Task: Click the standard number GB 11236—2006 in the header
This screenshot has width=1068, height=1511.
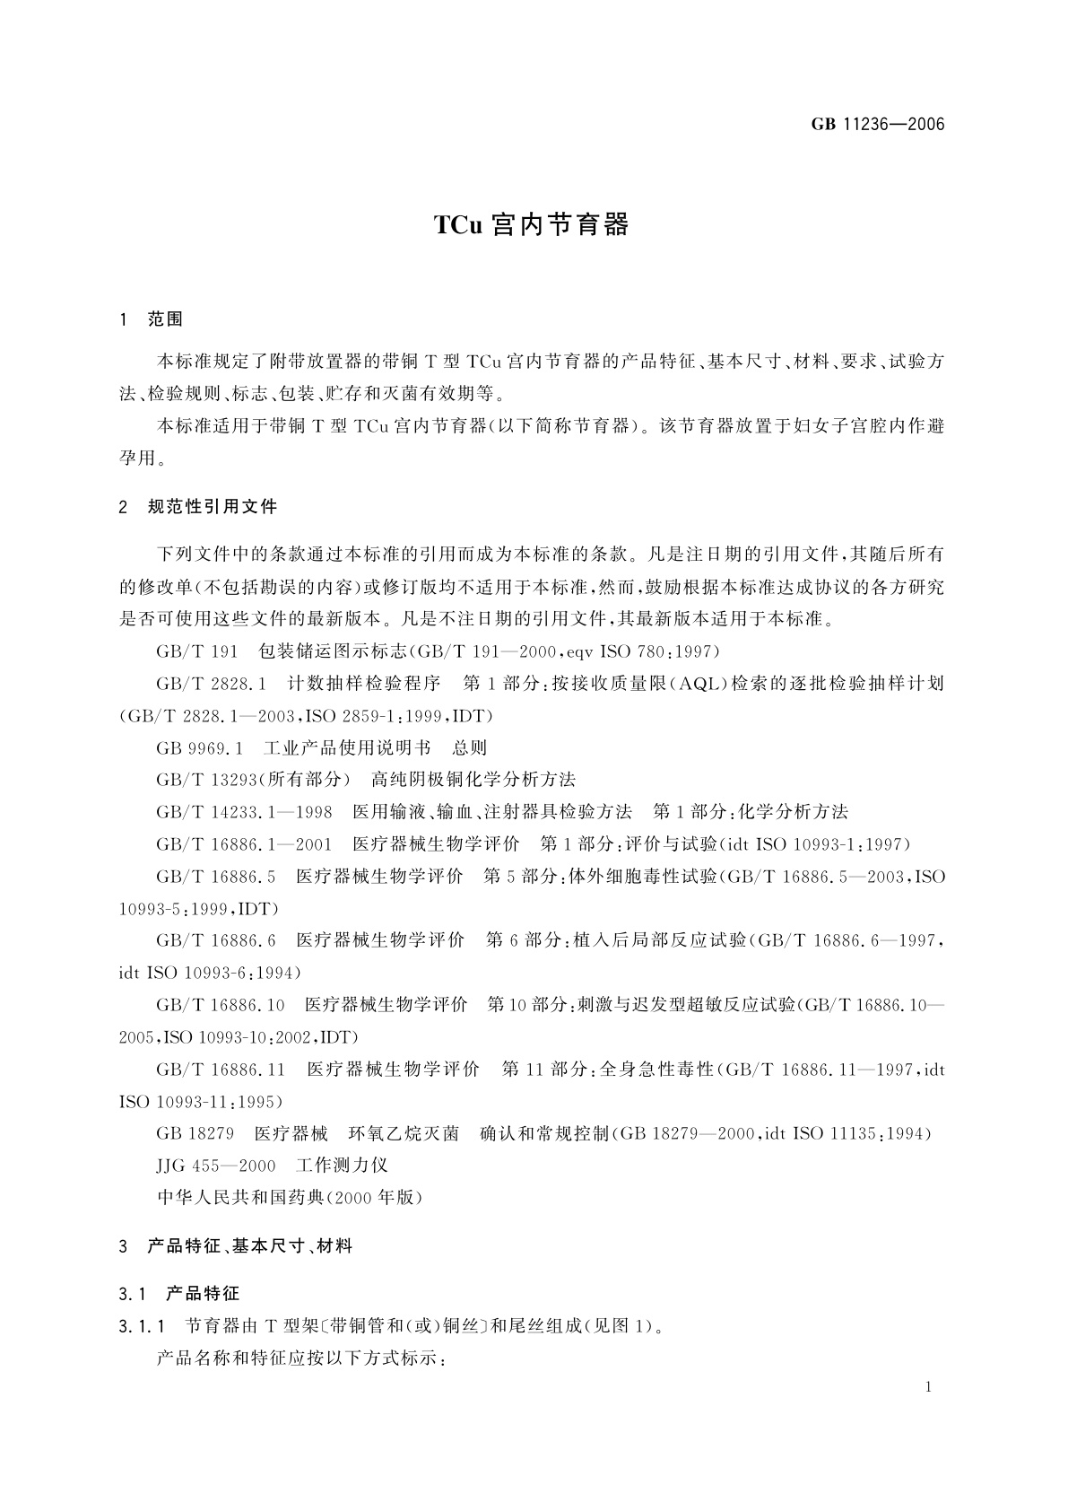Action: point(878,125)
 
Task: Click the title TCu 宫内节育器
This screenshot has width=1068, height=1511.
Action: point(532,225)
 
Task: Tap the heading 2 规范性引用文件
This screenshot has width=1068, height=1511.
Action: point(198,507)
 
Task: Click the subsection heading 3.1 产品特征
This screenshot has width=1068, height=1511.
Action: point(178,1294)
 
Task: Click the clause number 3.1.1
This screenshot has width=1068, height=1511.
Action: point(142,1326)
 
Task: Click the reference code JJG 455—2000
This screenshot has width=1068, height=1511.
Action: point(216,1166)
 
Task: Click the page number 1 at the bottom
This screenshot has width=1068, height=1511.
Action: point(928,1387)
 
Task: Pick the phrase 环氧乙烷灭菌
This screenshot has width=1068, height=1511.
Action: point(404,1134)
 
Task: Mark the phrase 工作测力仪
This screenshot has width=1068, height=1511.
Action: point(342,1166)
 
